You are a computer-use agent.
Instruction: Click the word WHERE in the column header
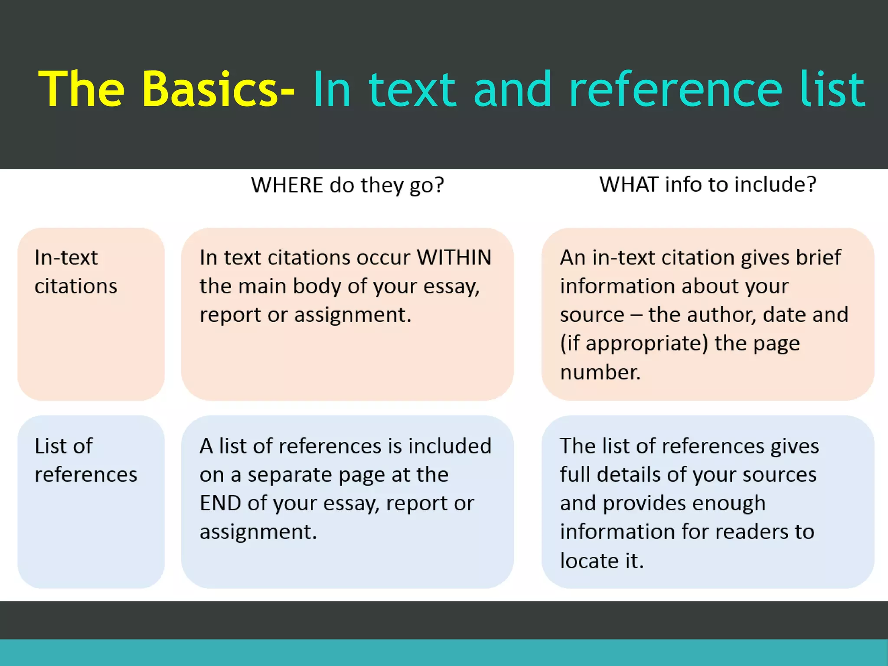coord(287,185)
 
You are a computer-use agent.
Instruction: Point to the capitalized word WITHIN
coord(454,257)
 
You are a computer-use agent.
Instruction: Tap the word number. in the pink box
coord(600,372)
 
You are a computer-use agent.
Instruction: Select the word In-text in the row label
coord(66,257)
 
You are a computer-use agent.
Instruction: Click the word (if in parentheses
coord(570,343)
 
